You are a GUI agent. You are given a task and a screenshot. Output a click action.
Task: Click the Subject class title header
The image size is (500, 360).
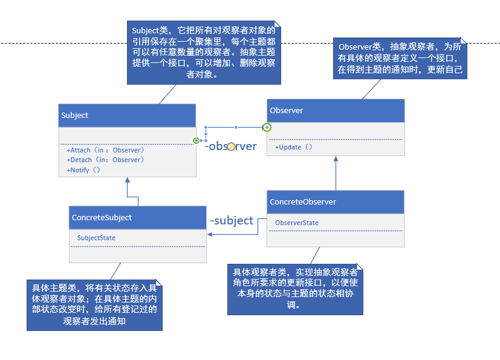[x=127, y=115]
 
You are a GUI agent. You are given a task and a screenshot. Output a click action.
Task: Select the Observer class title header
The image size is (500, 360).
[x=336, y=111]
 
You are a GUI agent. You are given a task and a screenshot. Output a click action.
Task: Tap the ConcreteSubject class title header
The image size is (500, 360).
[x=137, y=217]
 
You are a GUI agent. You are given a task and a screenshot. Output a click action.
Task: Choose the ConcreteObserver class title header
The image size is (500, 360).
[x=336, y=202]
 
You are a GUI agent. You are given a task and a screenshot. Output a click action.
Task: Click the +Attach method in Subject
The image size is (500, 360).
[x=105, y=150]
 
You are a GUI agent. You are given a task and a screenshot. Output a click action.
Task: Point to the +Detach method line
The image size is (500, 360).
[x=105, y=160]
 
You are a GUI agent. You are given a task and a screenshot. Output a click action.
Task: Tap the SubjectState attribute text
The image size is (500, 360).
[x=96, y=238]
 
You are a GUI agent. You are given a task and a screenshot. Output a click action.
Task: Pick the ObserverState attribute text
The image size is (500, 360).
[x=297, y=223]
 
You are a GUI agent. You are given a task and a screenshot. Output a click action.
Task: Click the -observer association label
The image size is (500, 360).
[x=230, y=146]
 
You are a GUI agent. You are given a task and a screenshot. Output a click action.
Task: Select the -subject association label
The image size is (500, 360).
[x=232, y=221]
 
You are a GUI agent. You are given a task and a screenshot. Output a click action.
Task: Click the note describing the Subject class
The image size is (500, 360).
[x=203, y=53]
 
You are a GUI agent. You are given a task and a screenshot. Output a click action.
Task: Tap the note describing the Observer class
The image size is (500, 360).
[x=401, y=59]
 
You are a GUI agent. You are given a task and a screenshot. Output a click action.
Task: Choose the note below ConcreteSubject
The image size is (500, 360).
[x=94, y=304]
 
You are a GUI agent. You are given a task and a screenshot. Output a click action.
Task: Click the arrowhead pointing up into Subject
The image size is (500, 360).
[x=127, y=180]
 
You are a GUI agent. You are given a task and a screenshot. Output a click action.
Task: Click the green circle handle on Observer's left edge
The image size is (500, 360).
[x=267, y=127]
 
